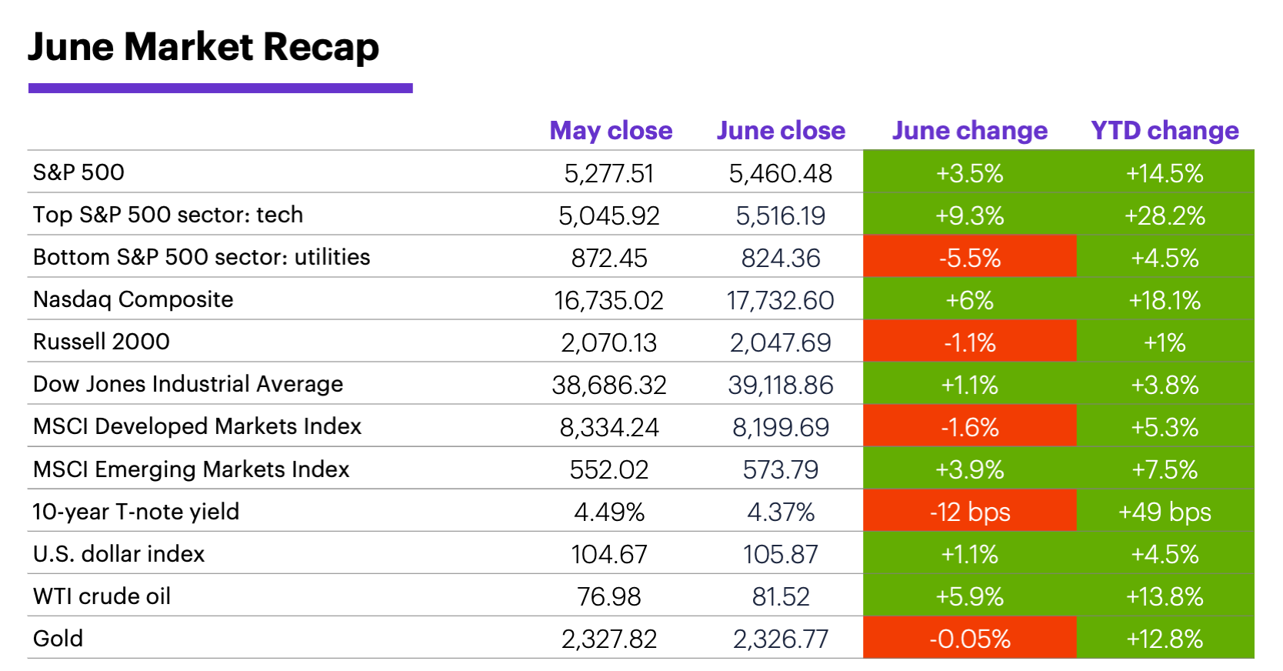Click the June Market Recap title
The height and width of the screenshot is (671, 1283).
click(203, 47)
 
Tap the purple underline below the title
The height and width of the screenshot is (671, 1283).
click(220, 88)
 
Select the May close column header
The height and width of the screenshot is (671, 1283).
click(611, 131)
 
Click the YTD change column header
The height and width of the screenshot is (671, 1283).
click(1165, 131)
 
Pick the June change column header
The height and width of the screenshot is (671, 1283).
click(969, 131)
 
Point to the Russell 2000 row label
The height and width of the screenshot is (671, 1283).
click(102, 342)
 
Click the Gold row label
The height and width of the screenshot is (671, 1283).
click(58, 639)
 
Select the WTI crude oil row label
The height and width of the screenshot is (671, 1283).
click(102, 596)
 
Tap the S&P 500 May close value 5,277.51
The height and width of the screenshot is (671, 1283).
click(609, 173)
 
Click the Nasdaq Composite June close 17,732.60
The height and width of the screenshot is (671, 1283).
click(780, 300)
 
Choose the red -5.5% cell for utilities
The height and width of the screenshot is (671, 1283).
click(969, 258)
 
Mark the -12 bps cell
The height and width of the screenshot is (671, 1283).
click(969, 512)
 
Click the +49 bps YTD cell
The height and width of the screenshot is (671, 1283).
click(1165, 512)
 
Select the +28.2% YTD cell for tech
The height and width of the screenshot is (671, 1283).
click(1165, 215)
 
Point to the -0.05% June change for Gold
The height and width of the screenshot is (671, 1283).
click(969, 639)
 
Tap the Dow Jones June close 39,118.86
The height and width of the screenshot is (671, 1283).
click(780, 385)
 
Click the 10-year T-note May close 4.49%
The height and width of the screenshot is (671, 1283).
click(609, 512)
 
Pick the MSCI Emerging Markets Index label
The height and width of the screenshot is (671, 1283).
click(192, 469)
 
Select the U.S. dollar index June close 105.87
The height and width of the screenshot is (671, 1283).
click(780, 554)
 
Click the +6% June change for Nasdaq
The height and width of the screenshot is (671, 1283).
click(969, 300)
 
